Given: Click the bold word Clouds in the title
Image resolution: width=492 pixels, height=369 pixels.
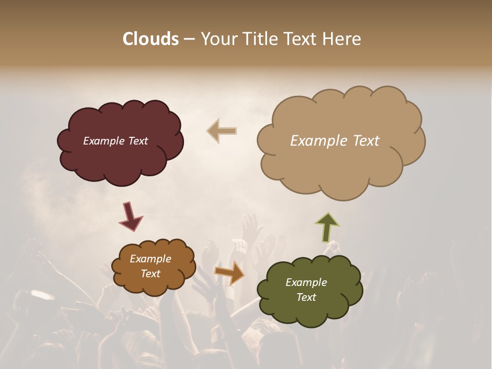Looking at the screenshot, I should click(x=151, y=39).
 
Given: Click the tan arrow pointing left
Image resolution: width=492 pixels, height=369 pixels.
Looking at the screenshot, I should click(x=221, y=131).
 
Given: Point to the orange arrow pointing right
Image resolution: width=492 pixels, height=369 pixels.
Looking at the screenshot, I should click(x=230, y=272).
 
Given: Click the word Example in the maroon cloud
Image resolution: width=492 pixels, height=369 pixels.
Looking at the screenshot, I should click(x=104, y=141).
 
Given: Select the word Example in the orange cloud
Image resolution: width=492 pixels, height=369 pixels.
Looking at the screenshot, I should click(x=150, y=259).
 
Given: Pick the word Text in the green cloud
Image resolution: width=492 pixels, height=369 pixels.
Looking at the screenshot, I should click(x=306, y=297).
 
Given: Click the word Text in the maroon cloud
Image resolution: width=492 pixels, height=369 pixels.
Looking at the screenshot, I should click(x=137, y=141).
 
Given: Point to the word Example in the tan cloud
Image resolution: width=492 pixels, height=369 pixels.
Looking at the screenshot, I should click(x=319, y=140).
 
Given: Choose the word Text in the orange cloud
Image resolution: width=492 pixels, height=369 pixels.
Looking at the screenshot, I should click(x=150, y=274).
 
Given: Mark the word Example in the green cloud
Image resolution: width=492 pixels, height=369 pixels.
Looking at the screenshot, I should click(x=306, y=282).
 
